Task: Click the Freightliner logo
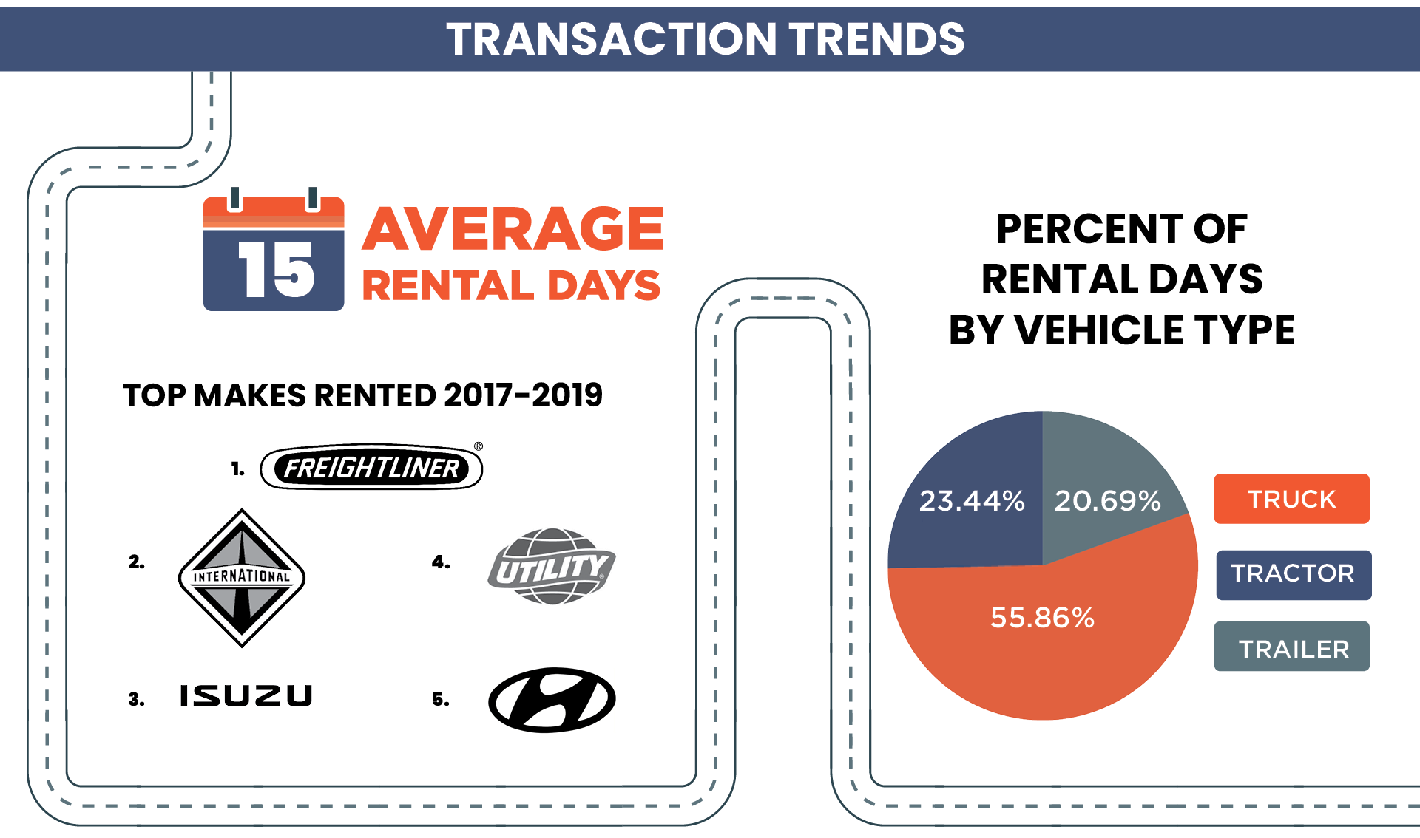(x=371, y=468)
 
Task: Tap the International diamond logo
(x=242, y=577)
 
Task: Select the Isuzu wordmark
(x=246, y=695)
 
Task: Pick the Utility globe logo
(x=552, y=567)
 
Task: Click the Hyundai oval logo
(x=552, y=700)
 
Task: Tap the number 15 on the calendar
(x=275, y=271)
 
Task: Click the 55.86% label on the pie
(x=1042, y=617)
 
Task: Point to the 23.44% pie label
(x=972, y=501)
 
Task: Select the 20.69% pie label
(x=1107, y=501)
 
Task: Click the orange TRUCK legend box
(x=1291, y=499)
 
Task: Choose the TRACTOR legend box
(x=1293, y=574)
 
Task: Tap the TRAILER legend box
(x=1291, y=647)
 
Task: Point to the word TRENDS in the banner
(x=876, y=38)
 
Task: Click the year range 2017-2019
(x=523, y=395)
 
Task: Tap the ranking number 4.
(x=441, y=562)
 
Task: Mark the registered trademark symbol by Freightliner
(x=479, y=446)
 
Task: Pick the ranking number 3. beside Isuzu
(x=136, y=699)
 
